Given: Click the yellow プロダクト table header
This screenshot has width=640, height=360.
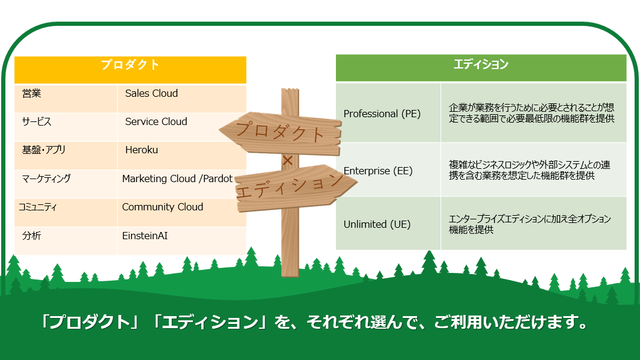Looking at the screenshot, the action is [130, 70].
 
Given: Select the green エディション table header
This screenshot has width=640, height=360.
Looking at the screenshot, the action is [481, 68].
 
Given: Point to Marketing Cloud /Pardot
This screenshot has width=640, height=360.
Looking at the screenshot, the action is [177, 178].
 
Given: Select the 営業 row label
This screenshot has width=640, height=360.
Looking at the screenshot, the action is [31, 94].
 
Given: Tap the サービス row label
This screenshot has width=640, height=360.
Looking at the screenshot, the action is [36, 121].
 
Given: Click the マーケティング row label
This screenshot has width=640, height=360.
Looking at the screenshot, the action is [46, 178].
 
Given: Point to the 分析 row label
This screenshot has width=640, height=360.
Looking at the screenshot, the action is [31, 236].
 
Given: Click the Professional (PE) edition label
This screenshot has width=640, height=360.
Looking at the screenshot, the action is [382, 114].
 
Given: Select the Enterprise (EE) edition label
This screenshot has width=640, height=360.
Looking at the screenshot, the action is [378, 171].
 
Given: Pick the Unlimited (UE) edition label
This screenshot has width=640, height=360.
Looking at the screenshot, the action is [377, 225].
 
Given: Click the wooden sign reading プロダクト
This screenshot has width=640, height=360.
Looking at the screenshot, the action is [281, 133].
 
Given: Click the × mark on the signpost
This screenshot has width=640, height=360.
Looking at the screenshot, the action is [288, 160].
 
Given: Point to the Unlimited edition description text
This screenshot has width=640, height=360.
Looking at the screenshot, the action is [530, 225].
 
